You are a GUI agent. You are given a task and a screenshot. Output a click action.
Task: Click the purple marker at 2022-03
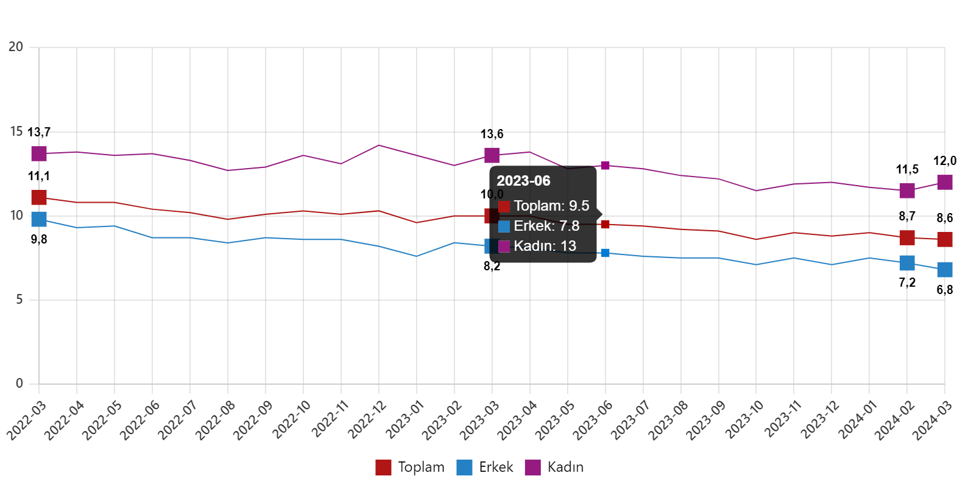(39, 153)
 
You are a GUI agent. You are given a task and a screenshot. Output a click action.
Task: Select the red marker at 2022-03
(39, 197)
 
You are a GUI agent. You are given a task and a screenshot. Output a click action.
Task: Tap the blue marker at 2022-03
(39, 219)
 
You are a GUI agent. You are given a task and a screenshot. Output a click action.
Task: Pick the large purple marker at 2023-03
(492, 155)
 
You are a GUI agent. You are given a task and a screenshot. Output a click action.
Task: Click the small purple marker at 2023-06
(605, 166)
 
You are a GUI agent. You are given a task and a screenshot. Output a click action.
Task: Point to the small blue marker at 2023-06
(605, 253)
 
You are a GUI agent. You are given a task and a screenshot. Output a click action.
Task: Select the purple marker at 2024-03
(945, 182)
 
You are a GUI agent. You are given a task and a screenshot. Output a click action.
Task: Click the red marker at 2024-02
(907, 237)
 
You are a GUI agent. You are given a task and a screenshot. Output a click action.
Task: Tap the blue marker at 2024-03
(945, 270)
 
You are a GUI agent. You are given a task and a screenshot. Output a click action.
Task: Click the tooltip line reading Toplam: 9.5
(551, 206)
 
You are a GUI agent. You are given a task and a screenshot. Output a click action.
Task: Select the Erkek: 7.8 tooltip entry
(546, 226)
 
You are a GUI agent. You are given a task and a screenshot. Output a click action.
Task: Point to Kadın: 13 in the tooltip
(544, 247)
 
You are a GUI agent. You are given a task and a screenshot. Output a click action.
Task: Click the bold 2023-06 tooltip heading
(523, 181)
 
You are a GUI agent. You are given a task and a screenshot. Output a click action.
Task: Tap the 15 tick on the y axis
(16, 131)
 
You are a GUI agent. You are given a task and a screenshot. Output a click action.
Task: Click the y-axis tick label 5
(19, 299)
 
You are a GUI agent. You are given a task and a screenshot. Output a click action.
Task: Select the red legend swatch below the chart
(383, 468)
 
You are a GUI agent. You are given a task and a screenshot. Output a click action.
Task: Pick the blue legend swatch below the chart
(464, 468)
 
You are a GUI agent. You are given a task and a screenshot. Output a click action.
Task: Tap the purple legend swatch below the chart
(532, 468)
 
